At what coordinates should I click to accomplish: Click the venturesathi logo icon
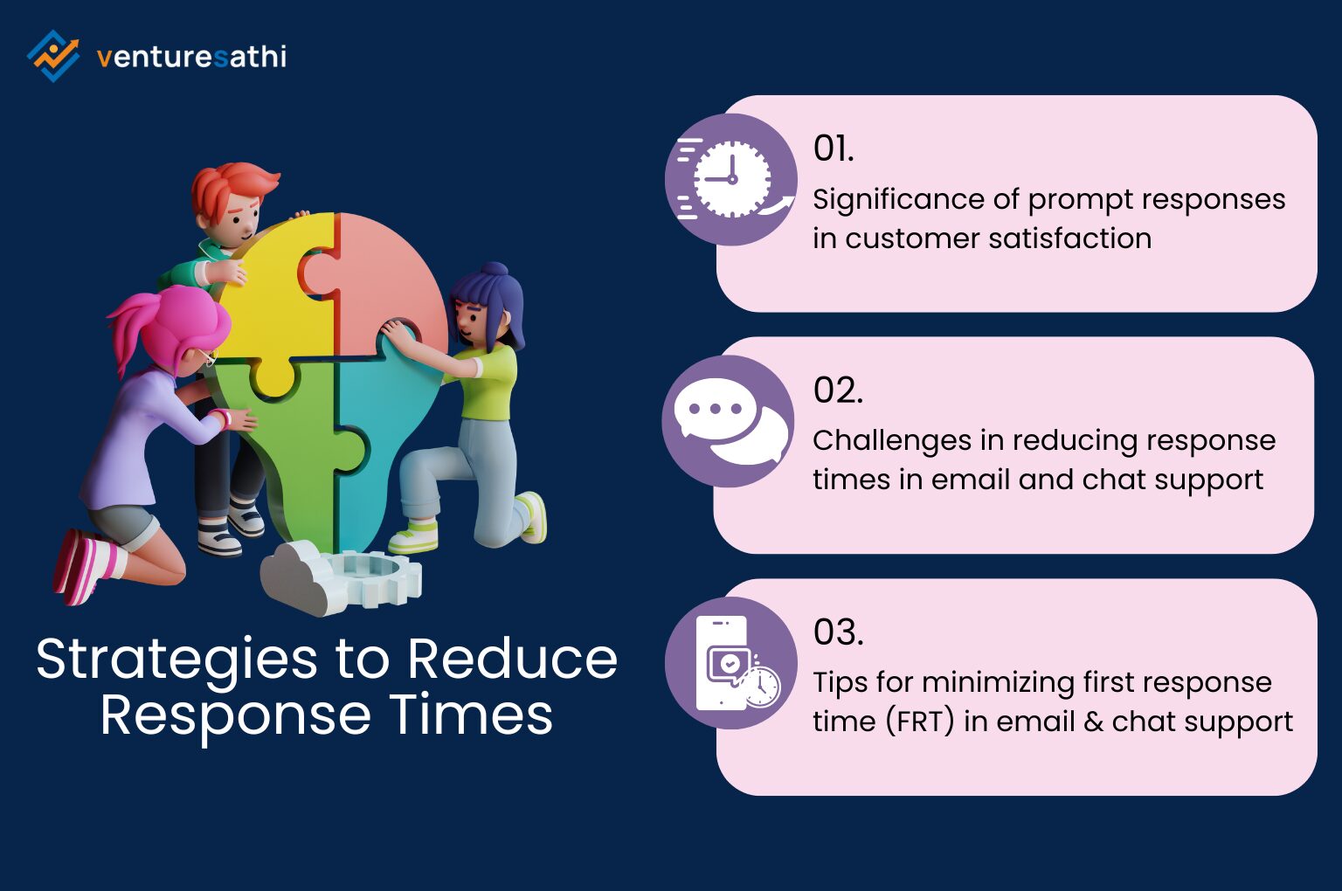pyautogui.click(x=53, y=56)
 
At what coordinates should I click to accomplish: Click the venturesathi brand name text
pyautogui.click(x=191, y=58)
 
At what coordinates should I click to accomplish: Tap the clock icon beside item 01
pyautogui.click(x=730, y=179)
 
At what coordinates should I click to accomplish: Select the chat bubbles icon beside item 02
pyautogui.click(x=729, y=421)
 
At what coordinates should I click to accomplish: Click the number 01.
pyautogui.click(x=833, y=149)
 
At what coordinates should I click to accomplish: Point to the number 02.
pyautogui.click(x=837, y=390)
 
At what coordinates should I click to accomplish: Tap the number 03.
pyautogui.click(x=838, y=632)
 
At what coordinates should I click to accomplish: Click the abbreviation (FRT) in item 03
pyautogui.click(x=919, y=722)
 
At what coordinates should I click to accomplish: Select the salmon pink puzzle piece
pyautogui.click(x=389, y=280)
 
